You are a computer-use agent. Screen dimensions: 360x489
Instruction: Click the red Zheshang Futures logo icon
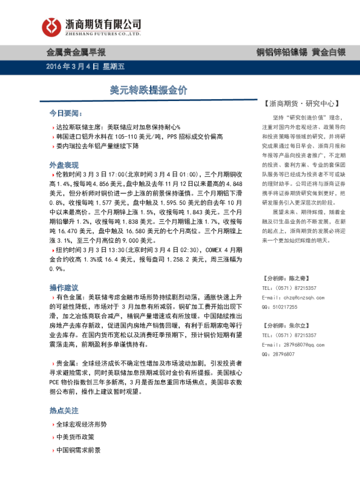pos(50,26)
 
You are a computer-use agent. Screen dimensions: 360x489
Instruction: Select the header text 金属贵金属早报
pos(76,53)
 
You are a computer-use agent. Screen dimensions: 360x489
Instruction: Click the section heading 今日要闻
pos(64,113)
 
